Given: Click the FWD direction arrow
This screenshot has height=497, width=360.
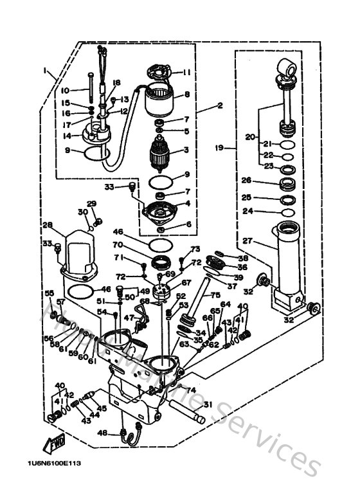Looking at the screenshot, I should [53, 444].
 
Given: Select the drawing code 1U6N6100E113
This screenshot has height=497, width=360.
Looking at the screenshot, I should [54, 463].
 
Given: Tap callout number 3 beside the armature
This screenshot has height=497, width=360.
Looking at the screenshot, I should [185, 150].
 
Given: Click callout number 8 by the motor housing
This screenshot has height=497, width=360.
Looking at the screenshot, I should [187, 94].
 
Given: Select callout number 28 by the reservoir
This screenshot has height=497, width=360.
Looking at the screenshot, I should [47, 225].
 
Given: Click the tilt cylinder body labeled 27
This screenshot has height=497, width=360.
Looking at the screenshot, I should [287, 257].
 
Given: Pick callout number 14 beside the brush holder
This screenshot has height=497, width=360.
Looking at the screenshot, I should [67, 136].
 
